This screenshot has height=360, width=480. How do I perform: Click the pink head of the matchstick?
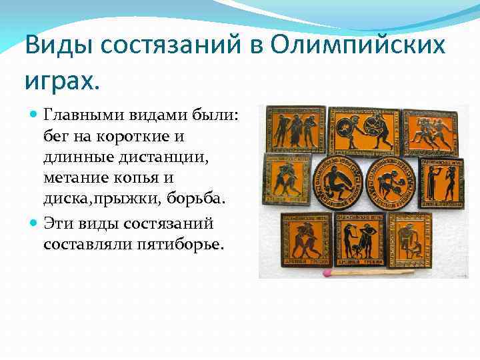pyautogui.click(x=327, y=273)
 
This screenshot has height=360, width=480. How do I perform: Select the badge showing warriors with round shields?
pyautogui.click(x=364, y=129)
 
